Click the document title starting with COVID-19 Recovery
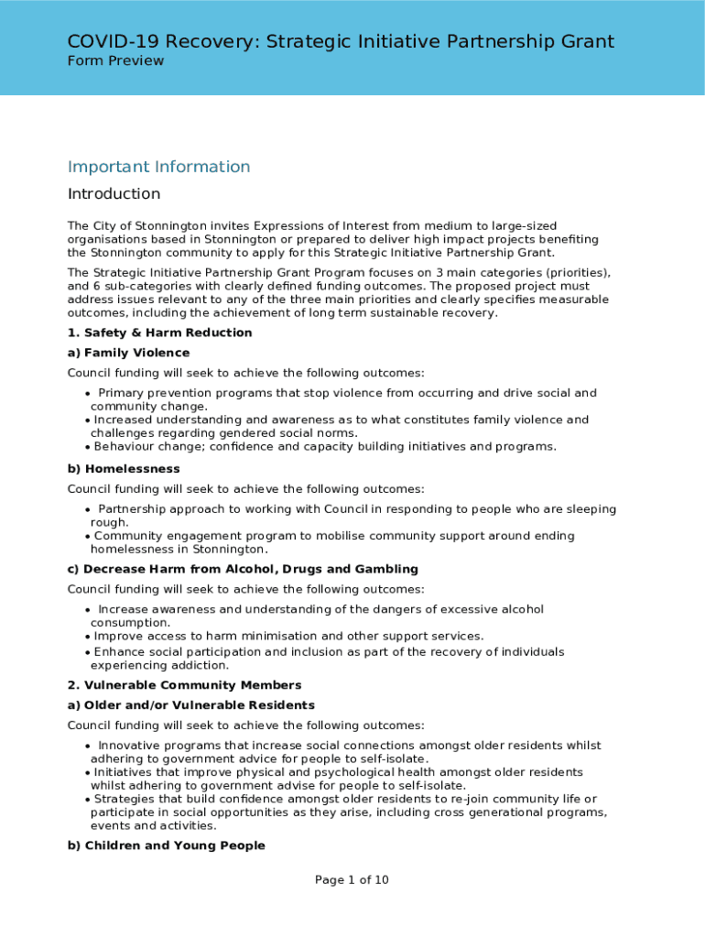coord(341,41)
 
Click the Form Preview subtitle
coord(115,60)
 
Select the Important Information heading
coord(158,167)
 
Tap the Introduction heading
coord(114,194)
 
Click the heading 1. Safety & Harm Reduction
coord(159,333)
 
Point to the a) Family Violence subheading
coord(128,353)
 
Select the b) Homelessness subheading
coord(124,469)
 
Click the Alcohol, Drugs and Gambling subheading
coord(243,569)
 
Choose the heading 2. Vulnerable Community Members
coord(184,685)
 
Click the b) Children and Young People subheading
coord(166,845)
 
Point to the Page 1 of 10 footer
coord(352,880)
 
